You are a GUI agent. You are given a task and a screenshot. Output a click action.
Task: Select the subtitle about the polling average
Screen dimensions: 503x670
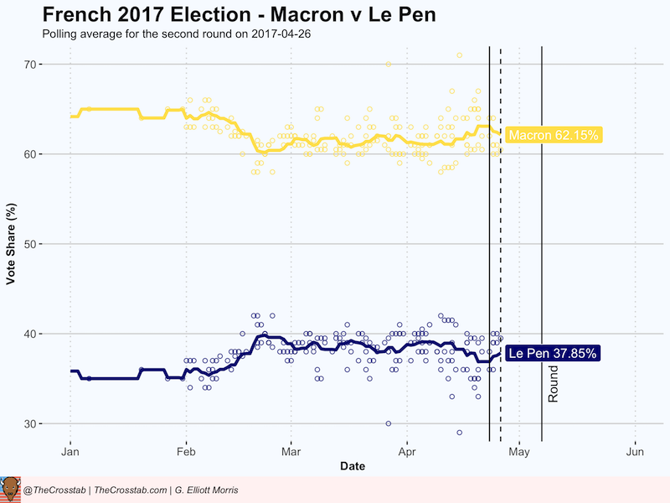coord(177,35)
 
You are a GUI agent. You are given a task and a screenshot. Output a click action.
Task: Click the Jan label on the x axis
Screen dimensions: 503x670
coord(70,454)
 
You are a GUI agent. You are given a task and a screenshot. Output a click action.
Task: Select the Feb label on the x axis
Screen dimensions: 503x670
coord(186,454)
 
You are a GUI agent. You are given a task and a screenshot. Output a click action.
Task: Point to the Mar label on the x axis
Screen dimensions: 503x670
coord(291,454)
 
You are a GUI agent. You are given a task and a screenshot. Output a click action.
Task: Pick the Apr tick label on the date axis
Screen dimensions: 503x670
coord(406,454)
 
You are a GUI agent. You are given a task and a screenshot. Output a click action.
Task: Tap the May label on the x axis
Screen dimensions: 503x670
coord(519,454)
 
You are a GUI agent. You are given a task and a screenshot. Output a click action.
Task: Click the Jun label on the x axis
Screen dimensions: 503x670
coord(635,454)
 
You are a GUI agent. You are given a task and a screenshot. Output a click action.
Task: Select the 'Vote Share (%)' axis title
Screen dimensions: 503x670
coord(12,244)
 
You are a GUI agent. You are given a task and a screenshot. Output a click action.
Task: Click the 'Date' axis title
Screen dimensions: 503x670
coord(353,466)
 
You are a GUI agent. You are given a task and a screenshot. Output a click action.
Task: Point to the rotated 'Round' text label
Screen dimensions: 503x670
coord(553,383)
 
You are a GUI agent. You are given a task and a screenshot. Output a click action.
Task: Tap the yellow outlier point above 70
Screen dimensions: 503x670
coord(459,55)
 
